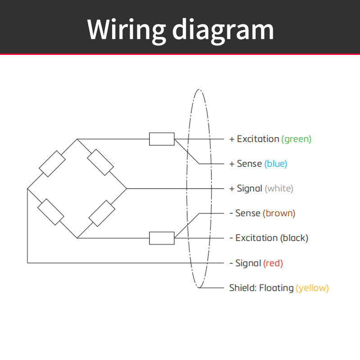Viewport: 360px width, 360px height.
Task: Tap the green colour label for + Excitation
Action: pyautogui.click(x=296, y=139)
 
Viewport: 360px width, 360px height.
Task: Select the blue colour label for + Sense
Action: pyautogui.click(x=275, y=164)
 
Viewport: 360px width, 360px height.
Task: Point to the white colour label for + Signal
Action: pyautogui.click(x=279, y=189)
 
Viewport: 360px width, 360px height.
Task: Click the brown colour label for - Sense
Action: pyautogui.click(x=279, y=213)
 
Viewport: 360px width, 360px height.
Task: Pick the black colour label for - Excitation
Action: pyautogui.click(x=294, y=238)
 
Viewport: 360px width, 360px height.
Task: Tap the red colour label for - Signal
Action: pyautogui.click(x=273, y=263)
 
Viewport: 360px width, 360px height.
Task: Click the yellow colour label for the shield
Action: pyautogui.click(x=312, y=288)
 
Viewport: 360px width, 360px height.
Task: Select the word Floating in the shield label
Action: pyautogui.click(x=276, y=288)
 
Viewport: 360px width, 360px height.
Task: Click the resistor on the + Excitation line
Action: pyautogui.click(x=162, y=139)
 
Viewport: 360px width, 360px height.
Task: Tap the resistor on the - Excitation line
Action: pyautogui.click(x=162, y=238)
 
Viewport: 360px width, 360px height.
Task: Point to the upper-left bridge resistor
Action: pyautogui.click(x=52, y=164)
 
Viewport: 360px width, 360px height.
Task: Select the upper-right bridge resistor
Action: pyautogui.click(x=100, y=162)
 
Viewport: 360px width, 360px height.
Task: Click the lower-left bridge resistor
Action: pyautogui.click(x=51, y=212)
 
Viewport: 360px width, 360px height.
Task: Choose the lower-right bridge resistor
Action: pyautogui.click(x=102, y=213)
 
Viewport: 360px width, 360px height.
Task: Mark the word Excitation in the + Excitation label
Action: pyautogui.click(x=258, y=139)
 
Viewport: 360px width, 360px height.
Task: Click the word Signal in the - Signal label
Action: pyautogui.click(x=248, y=263)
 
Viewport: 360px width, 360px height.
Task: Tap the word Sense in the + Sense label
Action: pyautogui.click(x=249, y=164)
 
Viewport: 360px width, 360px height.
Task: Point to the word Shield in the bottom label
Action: pyautogui.click(x=243, y=288)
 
